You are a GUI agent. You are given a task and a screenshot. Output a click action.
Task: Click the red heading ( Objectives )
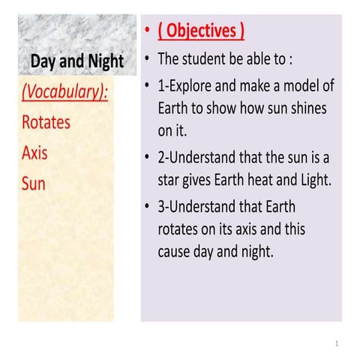click(x=200, y=31)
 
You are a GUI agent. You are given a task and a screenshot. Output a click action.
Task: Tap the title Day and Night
click(x=76, y=61)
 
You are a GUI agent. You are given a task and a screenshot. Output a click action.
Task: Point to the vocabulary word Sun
click(x=34, y=184)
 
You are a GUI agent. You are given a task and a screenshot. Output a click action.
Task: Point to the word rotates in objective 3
click(x=179, y=229)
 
